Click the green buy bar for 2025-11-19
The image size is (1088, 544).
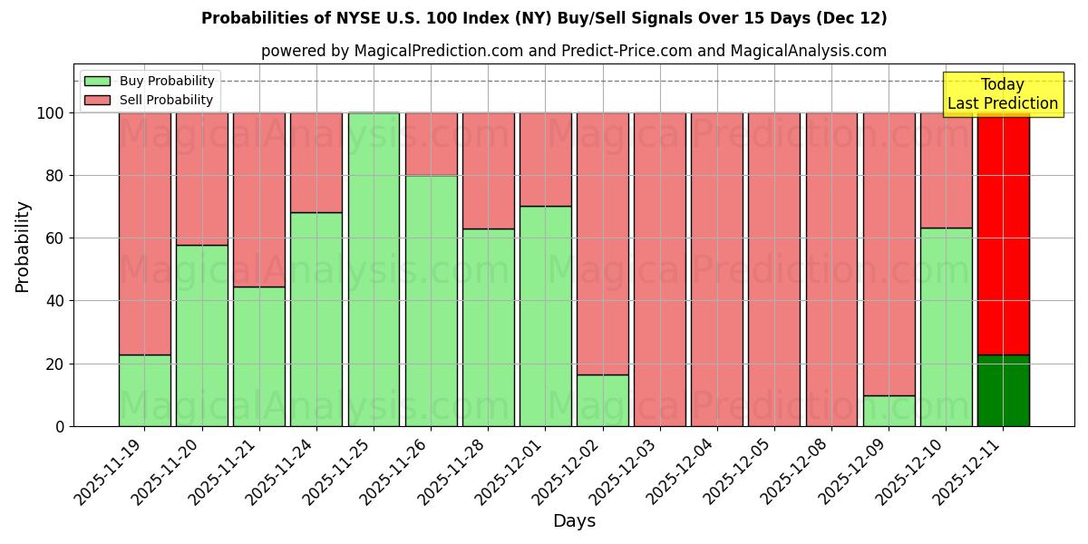[x=144, y=390]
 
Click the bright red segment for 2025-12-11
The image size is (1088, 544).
[x=1003, y=233]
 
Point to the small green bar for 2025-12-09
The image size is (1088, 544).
[x=889, y=411]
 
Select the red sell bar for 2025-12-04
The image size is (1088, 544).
[x=716, y=269]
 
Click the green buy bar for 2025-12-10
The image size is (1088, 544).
[x=946, y=326]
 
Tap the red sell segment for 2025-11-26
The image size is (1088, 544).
[x=431, y=144]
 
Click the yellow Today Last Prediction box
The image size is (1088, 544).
[x=1002, y=94]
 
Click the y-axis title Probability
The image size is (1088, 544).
[x=23, y=247]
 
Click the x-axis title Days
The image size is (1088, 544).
[x=574, y=521]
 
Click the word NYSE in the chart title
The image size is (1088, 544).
[x=363, y=18]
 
